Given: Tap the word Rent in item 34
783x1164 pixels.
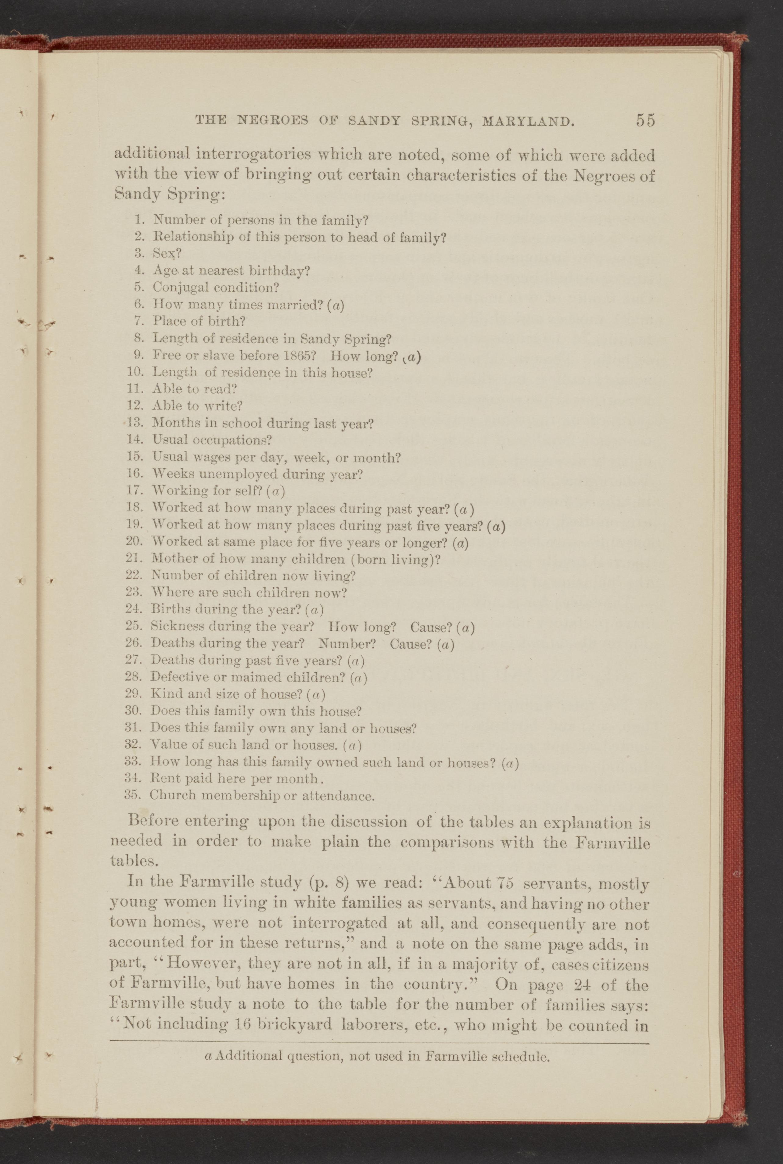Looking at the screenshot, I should pos(164,778).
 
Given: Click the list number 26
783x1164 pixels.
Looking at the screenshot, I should pos(134,643).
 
